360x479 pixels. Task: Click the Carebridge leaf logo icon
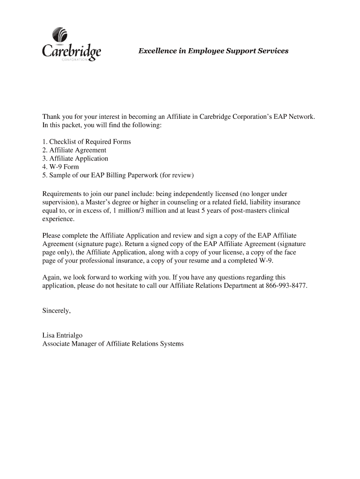(61, 36)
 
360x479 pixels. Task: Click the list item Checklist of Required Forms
(86, 142)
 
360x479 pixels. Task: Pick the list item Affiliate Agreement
(74, 150)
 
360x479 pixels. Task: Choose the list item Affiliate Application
(75, 159)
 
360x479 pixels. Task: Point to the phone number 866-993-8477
(286, 285)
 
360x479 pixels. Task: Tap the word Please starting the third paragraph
(53, 235)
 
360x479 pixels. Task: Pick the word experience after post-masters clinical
(58, 219)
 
